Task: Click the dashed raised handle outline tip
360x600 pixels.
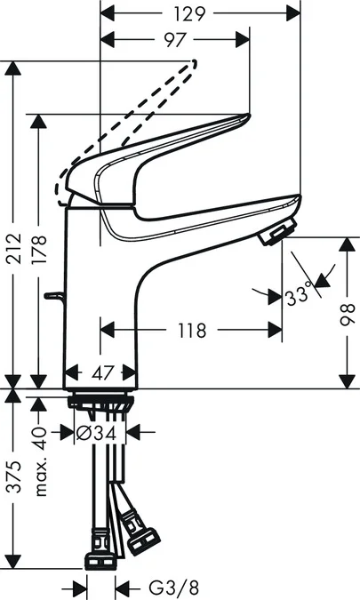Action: (189, 63)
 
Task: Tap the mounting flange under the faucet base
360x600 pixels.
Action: (100, 401)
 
